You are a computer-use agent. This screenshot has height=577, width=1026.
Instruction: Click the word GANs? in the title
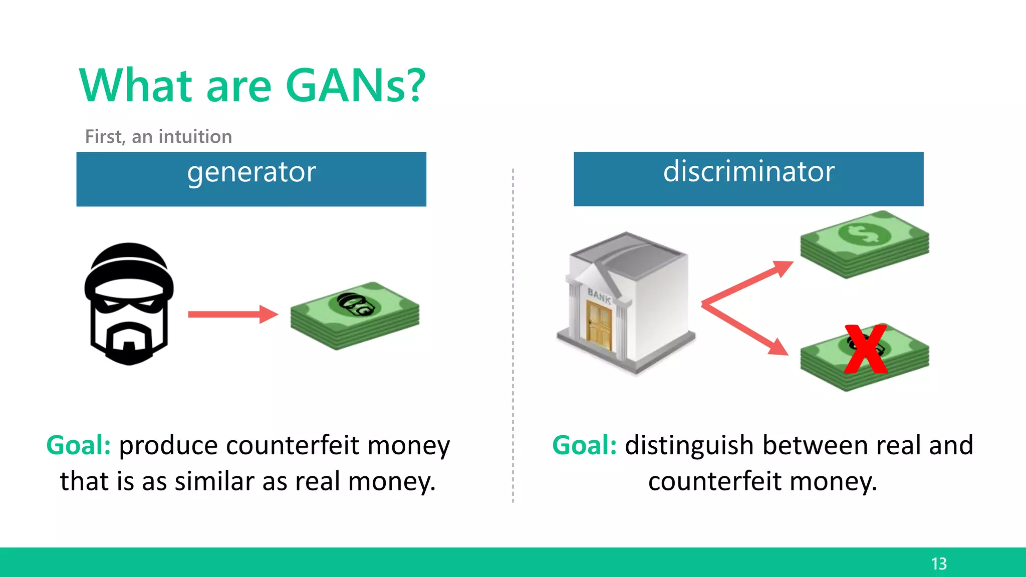pos(355,86)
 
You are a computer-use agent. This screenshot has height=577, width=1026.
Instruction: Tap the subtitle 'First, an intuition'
pos(158,137)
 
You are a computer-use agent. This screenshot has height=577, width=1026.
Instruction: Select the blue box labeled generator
pos(251,179)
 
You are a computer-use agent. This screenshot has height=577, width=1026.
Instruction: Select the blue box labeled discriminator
pos(748,179)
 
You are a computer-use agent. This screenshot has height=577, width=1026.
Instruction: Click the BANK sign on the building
pos(599,296)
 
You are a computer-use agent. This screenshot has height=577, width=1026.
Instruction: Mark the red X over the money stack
pos(865,349)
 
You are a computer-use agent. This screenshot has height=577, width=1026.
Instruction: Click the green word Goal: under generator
pos(79,445)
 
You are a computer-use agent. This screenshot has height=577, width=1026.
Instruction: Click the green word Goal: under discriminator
pos(585,445)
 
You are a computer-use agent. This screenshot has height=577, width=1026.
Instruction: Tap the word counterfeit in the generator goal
pos(293,445)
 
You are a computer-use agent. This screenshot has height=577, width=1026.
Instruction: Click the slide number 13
pos(939,564)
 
